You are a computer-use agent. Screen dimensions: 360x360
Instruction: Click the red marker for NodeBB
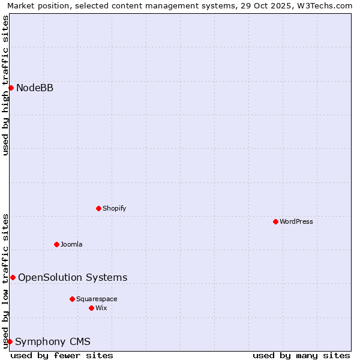click(x=11, y=88)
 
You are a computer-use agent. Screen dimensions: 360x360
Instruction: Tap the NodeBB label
click(x=35, y=88)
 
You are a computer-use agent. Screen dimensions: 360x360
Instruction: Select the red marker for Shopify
click(x=99, y=208)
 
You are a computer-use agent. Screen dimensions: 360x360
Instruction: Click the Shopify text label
click(x=114, y=208)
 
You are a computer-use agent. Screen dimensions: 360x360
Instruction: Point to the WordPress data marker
click(x=275, y=221)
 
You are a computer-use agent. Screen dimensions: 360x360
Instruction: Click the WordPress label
click(x=296, y=221)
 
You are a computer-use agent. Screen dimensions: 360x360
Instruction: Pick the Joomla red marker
click(x=57, y=244)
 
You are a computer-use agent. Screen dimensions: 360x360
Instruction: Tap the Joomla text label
click(x=71, y=244)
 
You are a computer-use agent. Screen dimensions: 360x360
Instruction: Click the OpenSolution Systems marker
click(x=13, y=277)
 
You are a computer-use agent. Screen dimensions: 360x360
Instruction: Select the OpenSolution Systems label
click(x=73, y=277)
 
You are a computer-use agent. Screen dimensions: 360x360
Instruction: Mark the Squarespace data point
click(x=72, y=299)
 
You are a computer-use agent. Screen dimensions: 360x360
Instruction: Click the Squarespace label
click(x=97, y=299)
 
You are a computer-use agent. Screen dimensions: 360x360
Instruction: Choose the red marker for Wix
click(x=91, y=308)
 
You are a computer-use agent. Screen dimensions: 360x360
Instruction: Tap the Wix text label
click(x=101, y=308)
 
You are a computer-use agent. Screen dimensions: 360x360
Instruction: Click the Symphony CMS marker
click(x=10, y=341)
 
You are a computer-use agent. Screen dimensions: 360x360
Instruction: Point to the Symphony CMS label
click(x=53, y=342)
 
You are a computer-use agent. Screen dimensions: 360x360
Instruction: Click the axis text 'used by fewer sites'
click(x=62, y=355)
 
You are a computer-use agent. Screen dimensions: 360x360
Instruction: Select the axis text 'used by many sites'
click(x=301, y=355)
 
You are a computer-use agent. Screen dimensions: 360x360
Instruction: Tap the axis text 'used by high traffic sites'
click(x=5, y=85)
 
